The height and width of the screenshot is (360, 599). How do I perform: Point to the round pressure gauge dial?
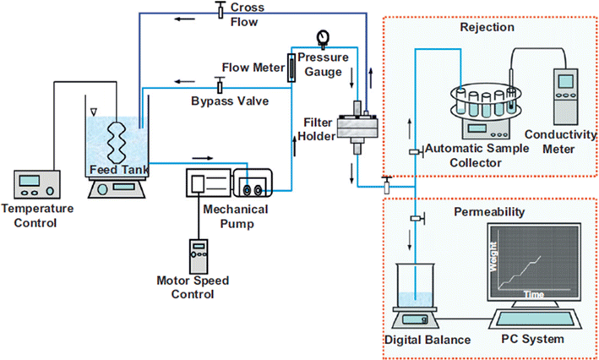click(322, 36)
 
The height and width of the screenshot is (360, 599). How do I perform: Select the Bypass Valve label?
click(230, 101)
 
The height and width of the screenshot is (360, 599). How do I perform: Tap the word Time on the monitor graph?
click(531, 295)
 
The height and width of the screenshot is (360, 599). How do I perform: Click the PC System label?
click(536, 341)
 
